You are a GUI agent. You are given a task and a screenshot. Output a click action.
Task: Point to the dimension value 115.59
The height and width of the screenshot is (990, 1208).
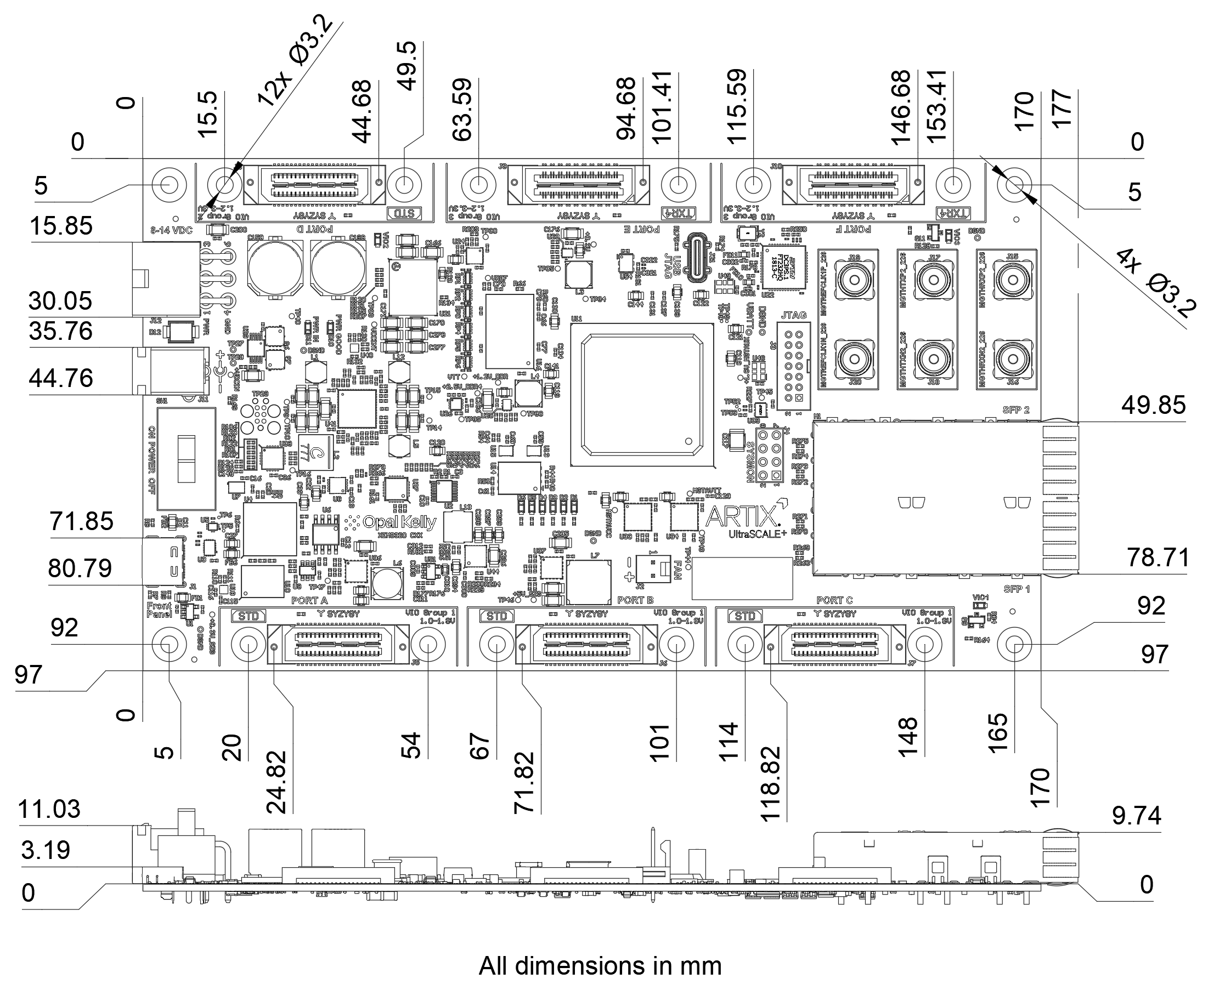coord(737,107)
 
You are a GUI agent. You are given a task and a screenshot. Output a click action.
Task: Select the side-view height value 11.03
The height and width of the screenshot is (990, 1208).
coord(49,810)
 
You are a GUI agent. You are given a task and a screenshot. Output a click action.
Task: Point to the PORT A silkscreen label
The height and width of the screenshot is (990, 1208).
coord(309,600)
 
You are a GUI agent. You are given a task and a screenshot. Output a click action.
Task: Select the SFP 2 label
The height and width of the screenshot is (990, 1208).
coord(1015,410)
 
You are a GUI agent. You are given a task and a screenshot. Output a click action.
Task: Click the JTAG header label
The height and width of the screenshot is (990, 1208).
coord(793,315)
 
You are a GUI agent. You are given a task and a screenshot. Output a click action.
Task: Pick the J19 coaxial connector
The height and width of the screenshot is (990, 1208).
coord(854,281)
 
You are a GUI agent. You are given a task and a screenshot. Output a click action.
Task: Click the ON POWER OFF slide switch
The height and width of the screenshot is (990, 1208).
coord(187,458)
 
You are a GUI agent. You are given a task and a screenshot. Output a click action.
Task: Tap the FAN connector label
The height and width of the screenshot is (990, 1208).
coord(678,570)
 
